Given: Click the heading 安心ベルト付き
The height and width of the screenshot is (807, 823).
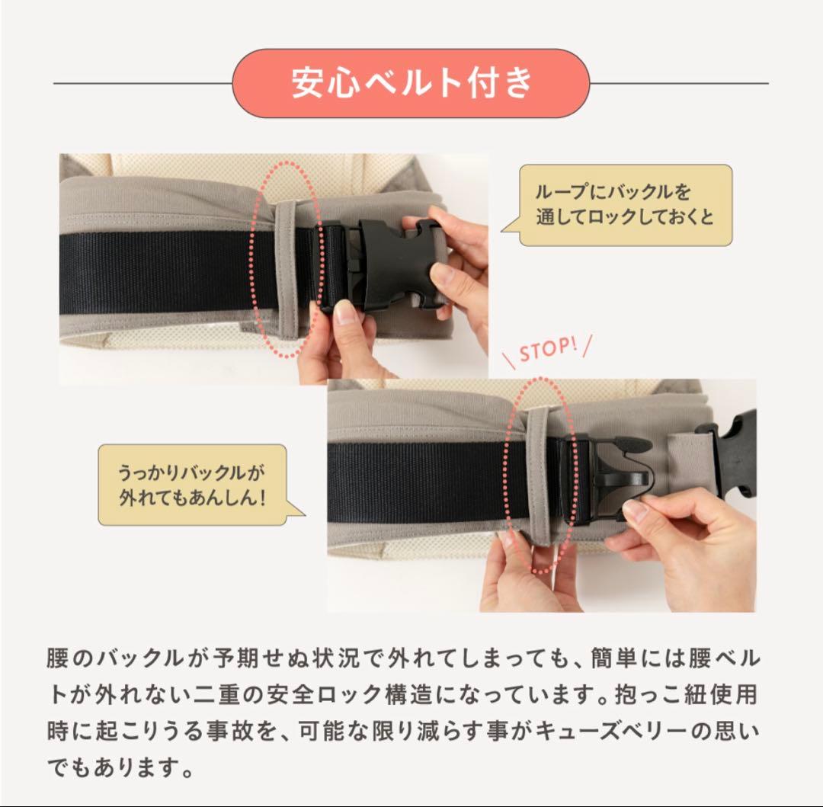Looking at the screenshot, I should [x=411, y=83].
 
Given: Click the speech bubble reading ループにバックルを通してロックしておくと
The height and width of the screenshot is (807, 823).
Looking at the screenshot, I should [x=624, y=205].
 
